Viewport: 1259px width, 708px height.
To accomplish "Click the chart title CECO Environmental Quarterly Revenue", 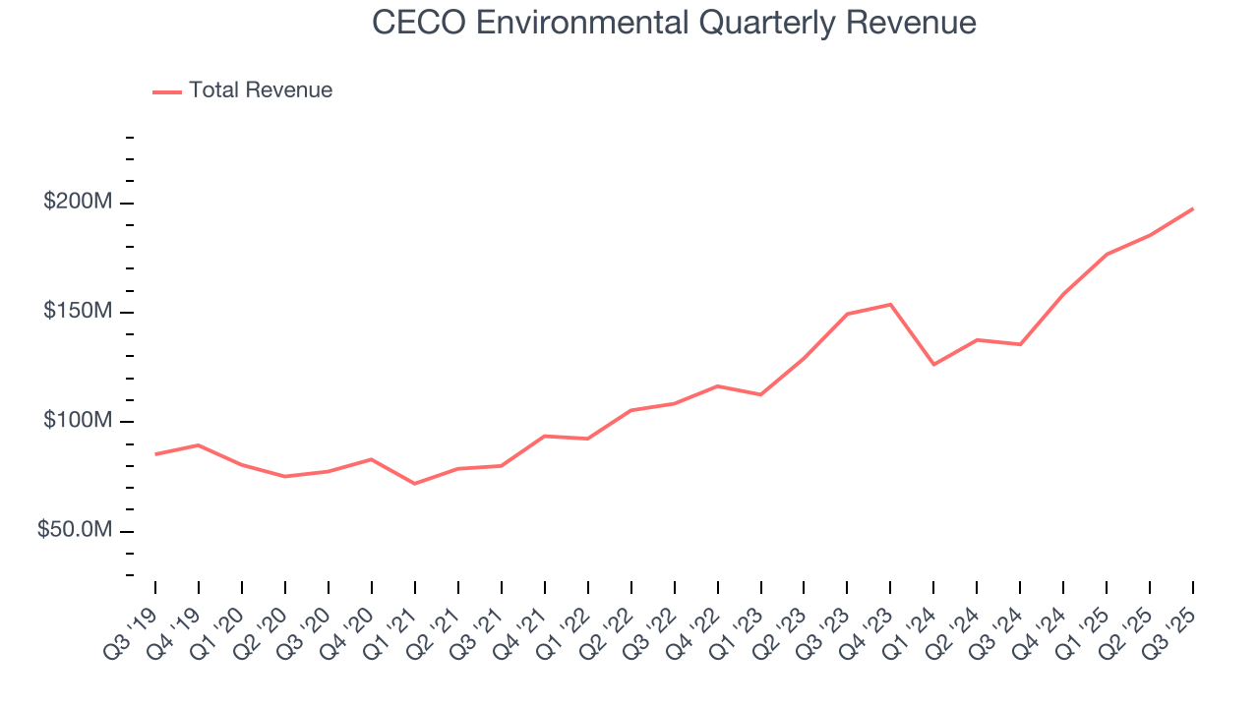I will click(674, 23).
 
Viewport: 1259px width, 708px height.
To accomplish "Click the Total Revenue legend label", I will click(261, 90).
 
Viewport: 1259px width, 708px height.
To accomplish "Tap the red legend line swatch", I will click(167, 91).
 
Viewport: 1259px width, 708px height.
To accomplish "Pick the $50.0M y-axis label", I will click(74, 531).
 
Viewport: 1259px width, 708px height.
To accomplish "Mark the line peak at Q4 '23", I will click(890, 304).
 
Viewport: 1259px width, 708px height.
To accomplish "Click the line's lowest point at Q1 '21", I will click(414, 484).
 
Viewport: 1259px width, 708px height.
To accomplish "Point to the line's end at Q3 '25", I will click(1193, 208).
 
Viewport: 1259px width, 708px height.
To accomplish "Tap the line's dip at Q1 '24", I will click(933, 365).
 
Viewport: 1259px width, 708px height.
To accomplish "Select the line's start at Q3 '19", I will click(155, 454).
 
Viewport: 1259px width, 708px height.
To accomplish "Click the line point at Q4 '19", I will click(199, 445).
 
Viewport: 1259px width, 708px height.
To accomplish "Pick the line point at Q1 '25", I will click(1107, 255).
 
